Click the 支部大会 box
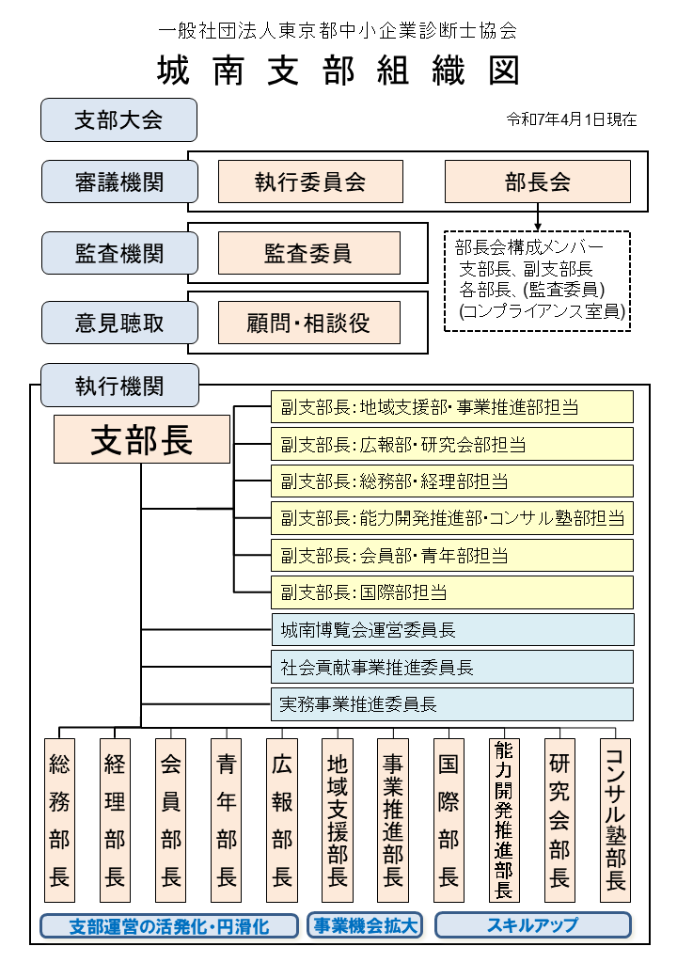119,119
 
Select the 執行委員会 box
310,181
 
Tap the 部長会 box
537,181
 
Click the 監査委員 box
309,253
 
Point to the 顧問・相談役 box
309,323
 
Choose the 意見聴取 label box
119,323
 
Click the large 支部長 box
142,439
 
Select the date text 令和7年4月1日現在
572,119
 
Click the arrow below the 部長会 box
537,217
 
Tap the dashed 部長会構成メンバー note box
537,280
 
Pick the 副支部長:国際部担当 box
452,592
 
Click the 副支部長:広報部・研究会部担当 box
452,444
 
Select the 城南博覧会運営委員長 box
452,629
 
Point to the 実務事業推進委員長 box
452,704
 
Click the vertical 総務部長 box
60,820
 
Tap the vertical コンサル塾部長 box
615,820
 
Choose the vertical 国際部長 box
449,820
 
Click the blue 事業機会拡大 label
366,925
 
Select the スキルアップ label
533,925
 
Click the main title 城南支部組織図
338,70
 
